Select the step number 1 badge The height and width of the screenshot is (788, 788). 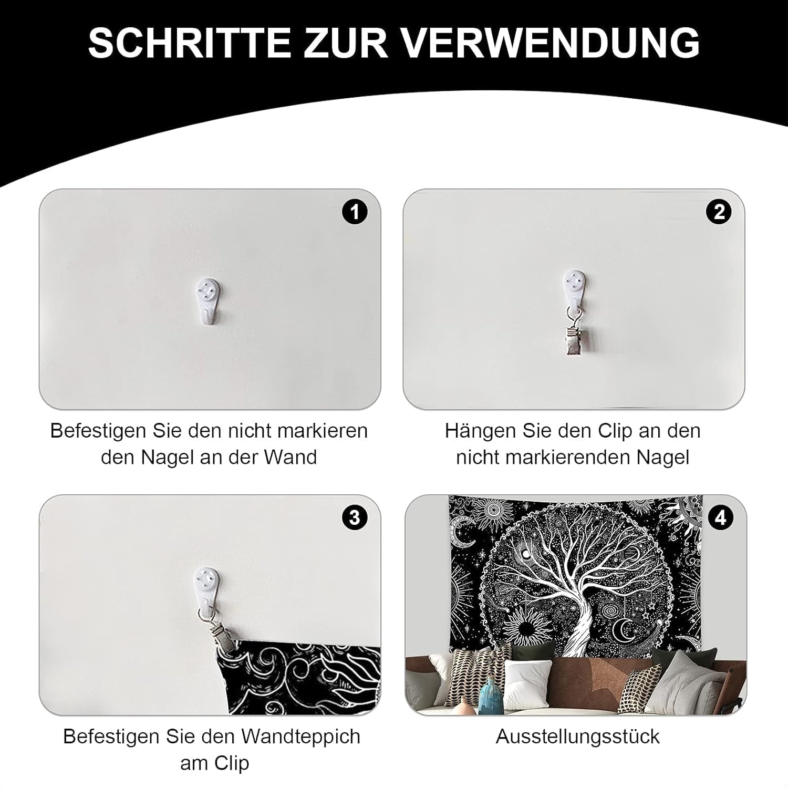click(355, 212)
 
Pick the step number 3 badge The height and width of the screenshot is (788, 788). click(355, 518)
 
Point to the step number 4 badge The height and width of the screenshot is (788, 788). click(720, 518)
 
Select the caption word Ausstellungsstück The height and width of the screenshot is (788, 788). click(577, 737)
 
